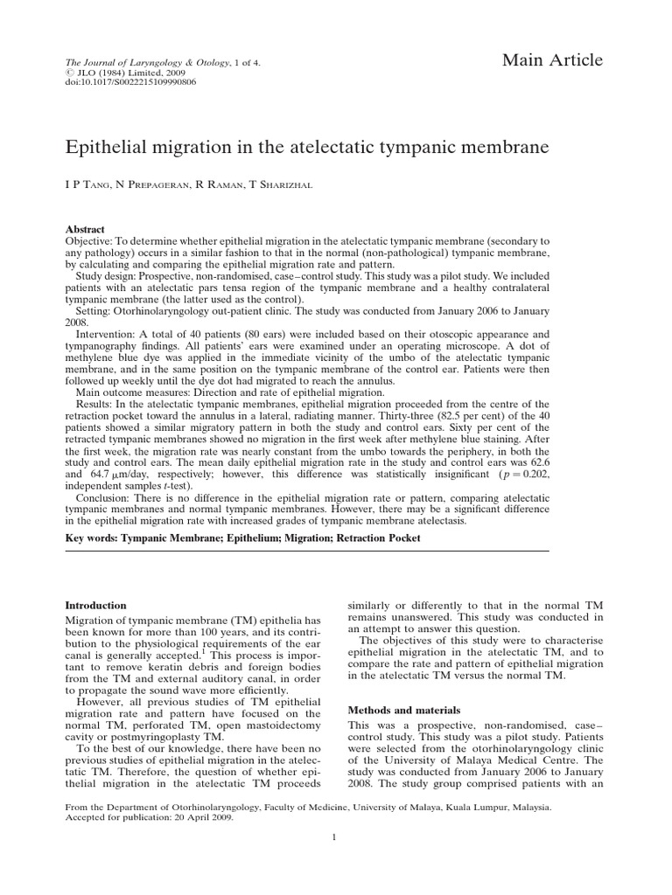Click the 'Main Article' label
(551, 60)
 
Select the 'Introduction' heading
(96, 605)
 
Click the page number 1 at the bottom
(335, 861)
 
